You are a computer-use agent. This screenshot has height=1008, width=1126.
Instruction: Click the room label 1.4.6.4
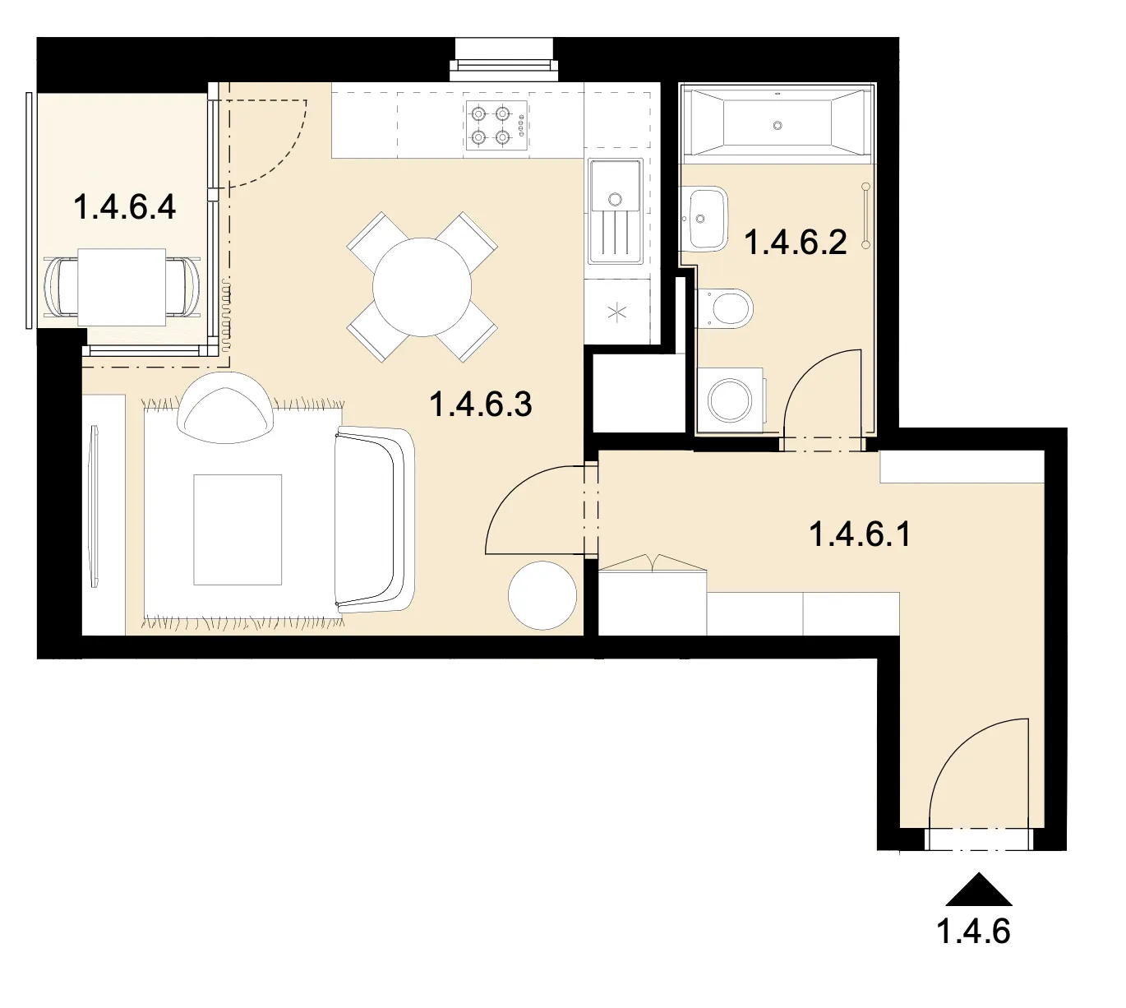[x=124, y=207]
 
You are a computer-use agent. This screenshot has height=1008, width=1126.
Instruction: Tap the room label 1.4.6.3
[x=481, y=405]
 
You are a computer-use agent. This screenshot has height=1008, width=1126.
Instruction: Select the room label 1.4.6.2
[x=796, y=243]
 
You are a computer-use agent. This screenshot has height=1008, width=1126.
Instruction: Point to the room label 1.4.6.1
[x=860, y=534]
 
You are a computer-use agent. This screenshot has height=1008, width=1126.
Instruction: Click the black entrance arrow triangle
[x=978, y=890]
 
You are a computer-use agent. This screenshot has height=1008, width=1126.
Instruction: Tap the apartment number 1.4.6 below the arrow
[x=973, y=932]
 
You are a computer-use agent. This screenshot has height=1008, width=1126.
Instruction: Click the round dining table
[x=422, y=287]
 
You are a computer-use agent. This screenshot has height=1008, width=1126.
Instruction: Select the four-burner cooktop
[x=496, y=125]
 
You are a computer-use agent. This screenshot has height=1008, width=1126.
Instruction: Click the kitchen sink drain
[x=615, y=198]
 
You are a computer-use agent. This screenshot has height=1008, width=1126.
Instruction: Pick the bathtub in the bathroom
[x=778, y=123]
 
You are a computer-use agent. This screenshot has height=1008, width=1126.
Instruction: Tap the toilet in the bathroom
[x=725, y=308]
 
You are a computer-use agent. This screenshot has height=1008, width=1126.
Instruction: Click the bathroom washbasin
[x=704, y=219]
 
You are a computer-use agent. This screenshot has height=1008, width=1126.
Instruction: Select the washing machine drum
[x=729, y=400]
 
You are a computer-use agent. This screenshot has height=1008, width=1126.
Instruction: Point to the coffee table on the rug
[x=238, y=529]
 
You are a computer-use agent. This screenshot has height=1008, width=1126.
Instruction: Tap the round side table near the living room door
[x=542, y=595]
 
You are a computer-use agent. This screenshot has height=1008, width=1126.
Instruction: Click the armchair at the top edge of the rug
[x=225, y=408]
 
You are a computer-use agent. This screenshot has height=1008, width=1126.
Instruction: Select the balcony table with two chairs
[x=121, y=287]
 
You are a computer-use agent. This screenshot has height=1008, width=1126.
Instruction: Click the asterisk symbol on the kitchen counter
[x=617, y=312]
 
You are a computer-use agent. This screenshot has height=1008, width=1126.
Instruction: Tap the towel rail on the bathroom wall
[x=865, y=215]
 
